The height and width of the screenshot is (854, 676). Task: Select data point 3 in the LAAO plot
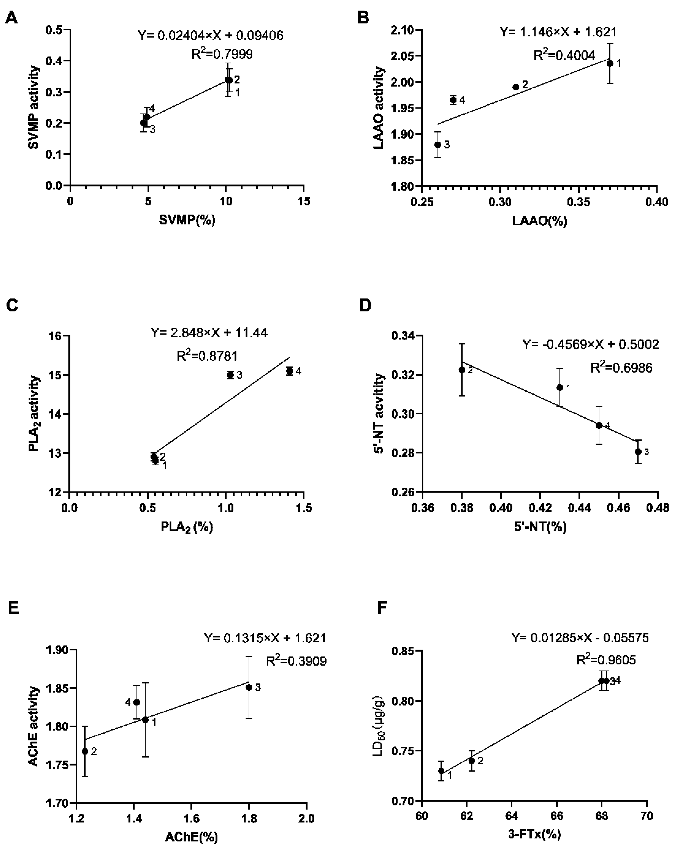pos(438,145)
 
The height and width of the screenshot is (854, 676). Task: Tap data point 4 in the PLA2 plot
pos(289,371)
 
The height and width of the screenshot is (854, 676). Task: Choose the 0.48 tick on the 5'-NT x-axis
pos(657,508)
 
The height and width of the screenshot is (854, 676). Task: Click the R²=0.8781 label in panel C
pos(207,356)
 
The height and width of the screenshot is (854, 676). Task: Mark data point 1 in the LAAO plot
pos(610,63)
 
